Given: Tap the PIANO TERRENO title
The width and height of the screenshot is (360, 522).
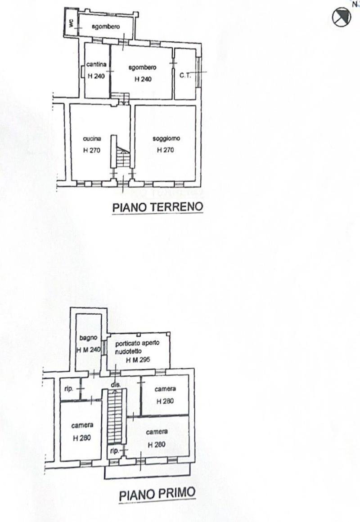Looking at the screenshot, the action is click(157, 207).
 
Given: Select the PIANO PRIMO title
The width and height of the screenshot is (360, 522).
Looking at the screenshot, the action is click(157, 494).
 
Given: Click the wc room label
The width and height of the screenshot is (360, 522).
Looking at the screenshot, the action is click(71, 22).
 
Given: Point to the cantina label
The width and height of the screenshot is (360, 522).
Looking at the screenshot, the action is click(96, 64).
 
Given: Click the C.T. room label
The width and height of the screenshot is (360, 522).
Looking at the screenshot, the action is click(185, 75).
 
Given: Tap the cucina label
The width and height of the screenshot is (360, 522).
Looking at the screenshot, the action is click(92, 138).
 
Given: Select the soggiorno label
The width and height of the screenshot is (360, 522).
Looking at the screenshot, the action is click(166, 138).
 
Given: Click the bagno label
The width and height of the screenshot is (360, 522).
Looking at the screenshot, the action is click(88, 338).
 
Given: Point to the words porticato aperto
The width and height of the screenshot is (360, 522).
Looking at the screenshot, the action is click(137, 343).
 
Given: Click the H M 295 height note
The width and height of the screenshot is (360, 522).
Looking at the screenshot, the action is click(138, 360).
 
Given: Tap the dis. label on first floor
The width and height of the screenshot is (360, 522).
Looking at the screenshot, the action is click(116, 384).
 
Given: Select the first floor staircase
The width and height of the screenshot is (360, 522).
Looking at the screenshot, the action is click(115, 416).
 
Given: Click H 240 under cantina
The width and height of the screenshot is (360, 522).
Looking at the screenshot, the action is click(96, 76).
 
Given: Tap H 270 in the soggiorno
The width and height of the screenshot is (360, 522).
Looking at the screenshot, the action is click(165, 150).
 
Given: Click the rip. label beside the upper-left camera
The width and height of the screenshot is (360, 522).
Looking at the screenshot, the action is click(69, 389).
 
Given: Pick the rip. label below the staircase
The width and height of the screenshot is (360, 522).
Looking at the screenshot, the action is click(114, 451).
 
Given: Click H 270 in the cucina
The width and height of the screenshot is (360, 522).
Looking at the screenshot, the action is click(92, 150).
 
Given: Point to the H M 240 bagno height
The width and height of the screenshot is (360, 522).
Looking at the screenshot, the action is click(89, 350).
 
